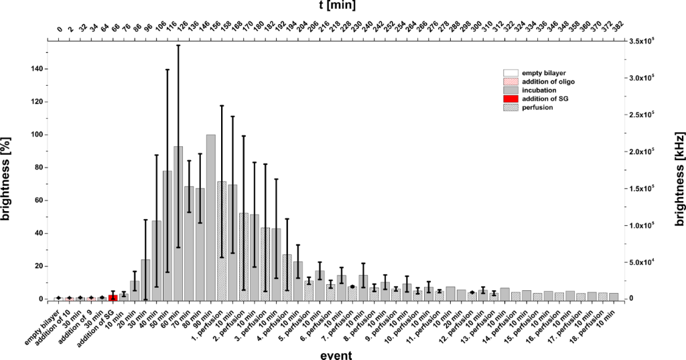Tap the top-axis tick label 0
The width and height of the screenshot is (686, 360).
point(59,30)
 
